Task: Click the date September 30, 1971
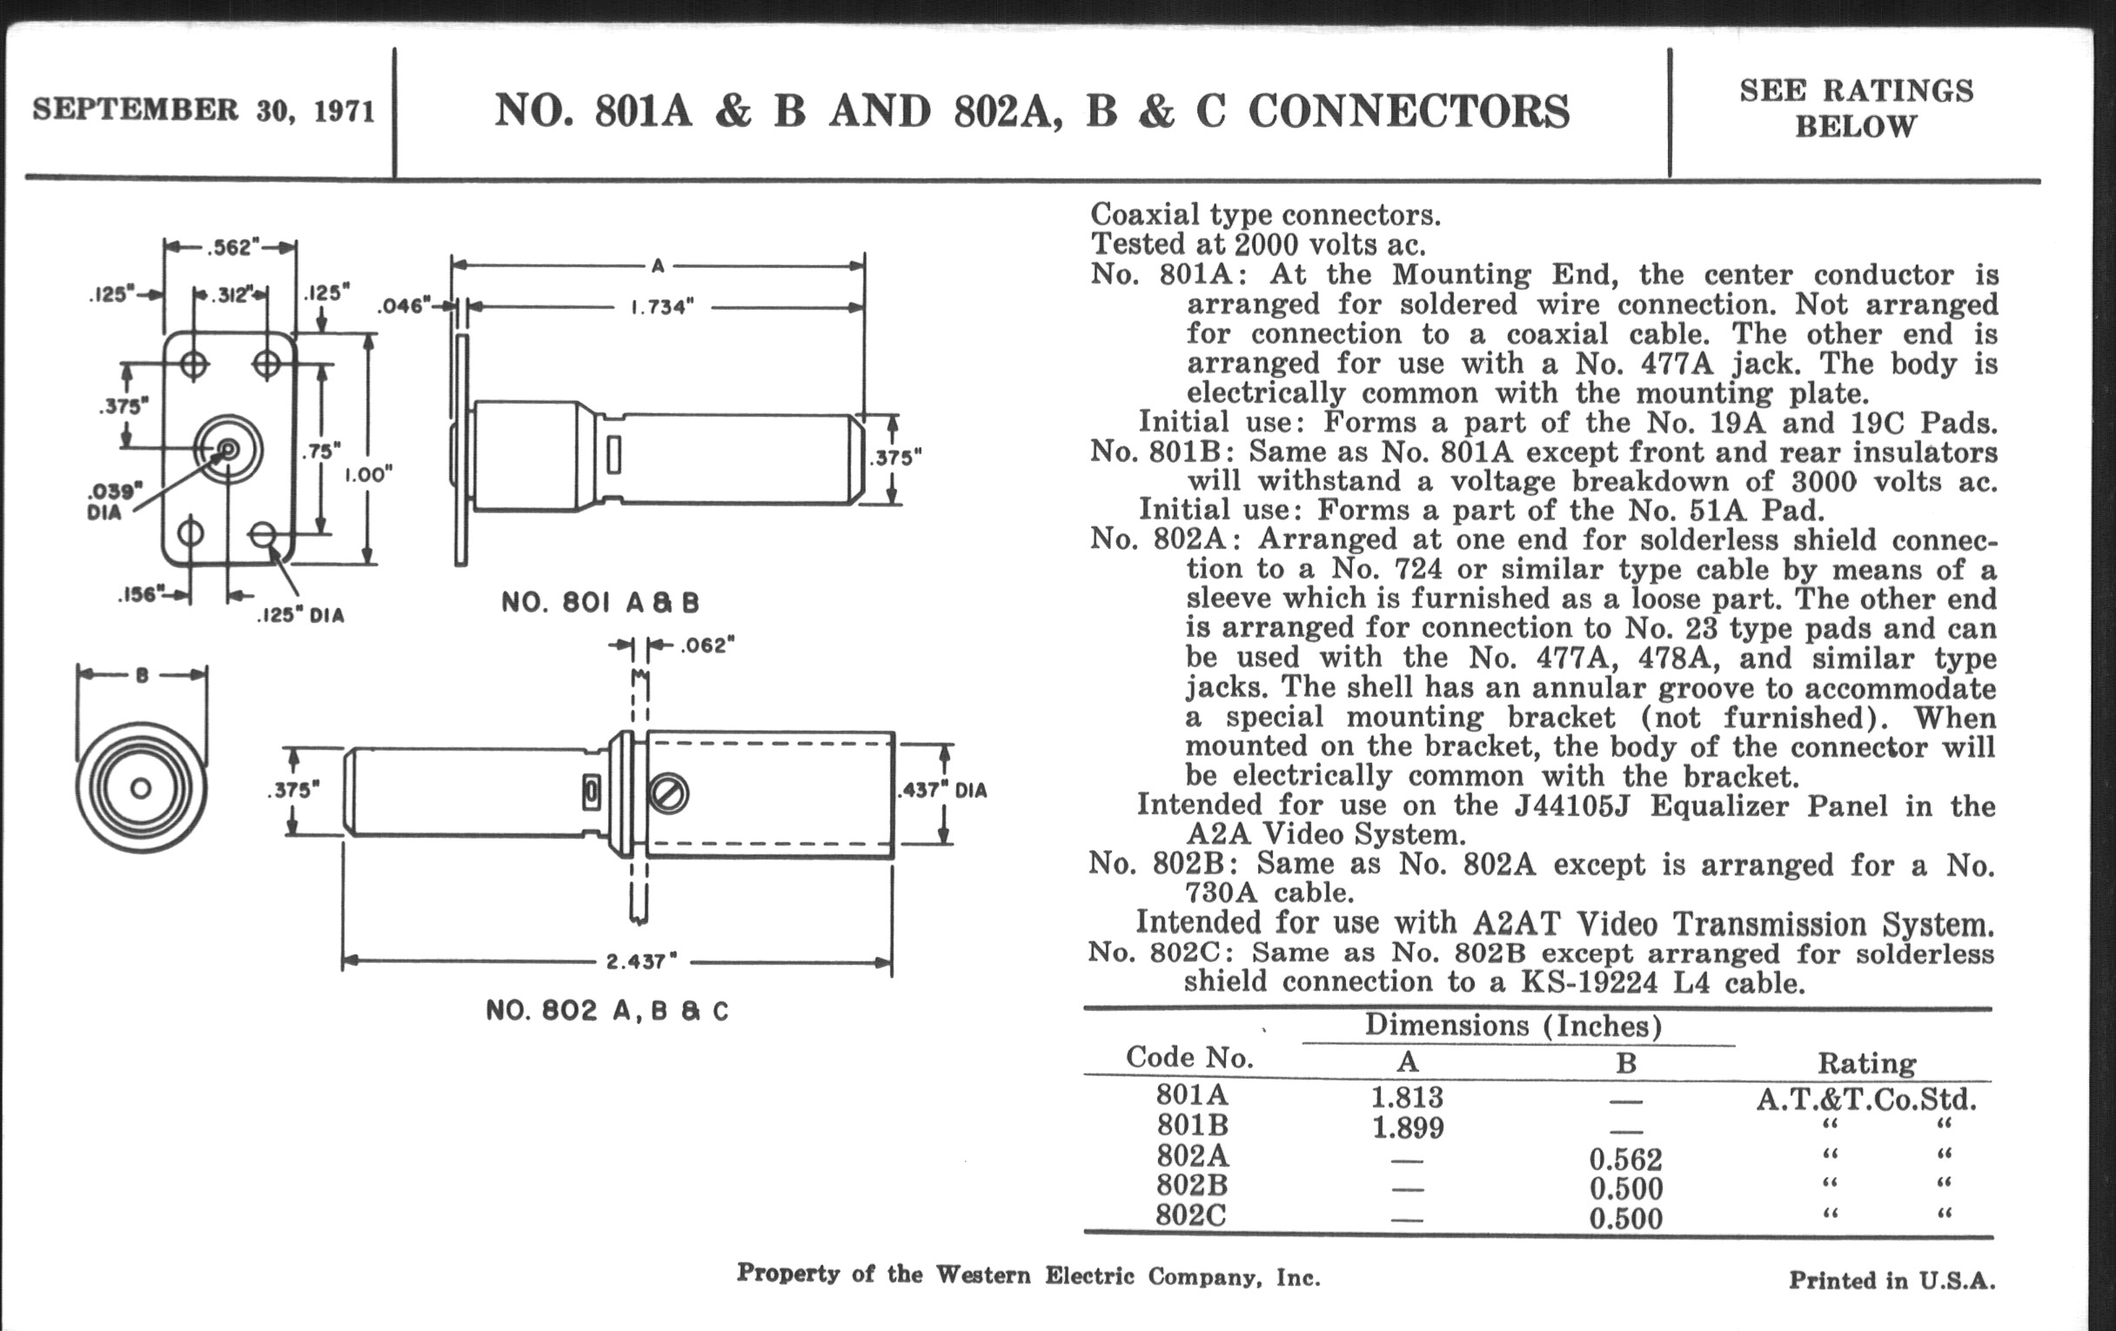204,110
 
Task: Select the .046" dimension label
404,305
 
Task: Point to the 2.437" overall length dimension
640,961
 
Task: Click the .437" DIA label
942,791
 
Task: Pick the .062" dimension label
706,645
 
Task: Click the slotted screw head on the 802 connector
669,794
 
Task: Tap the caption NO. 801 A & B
600,603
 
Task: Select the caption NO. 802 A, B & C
607,1011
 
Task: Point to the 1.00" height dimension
367,475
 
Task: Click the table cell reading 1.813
1407,1097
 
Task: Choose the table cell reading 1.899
1407,1127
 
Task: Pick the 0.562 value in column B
1624,1160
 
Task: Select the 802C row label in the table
1191,1216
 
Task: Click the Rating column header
1866,1064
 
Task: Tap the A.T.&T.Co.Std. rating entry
1866,1099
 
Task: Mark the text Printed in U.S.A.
1891,1281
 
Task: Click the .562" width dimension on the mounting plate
231,247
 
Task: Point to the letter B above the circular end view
142,675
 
